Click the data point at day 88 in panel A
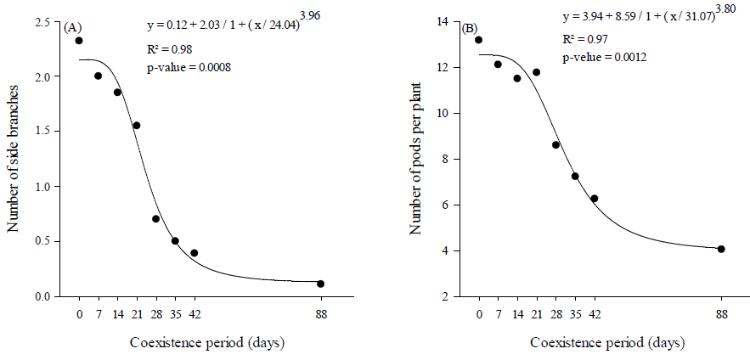[x=321, y=284]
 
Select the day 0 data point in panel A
[x=79, y=40]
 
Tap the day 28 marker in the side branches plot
[x=156, y=218]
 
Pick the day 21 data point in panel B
[x=536, y=72]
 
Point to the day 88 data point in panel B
[x=721, y=249]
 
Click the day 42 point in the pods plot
[x=595, y=199]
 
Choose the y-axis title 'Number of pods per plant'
[x=417, y=159]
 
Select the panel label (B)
[x=469, y=29]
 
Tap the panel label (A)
[x=71, y=28]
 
